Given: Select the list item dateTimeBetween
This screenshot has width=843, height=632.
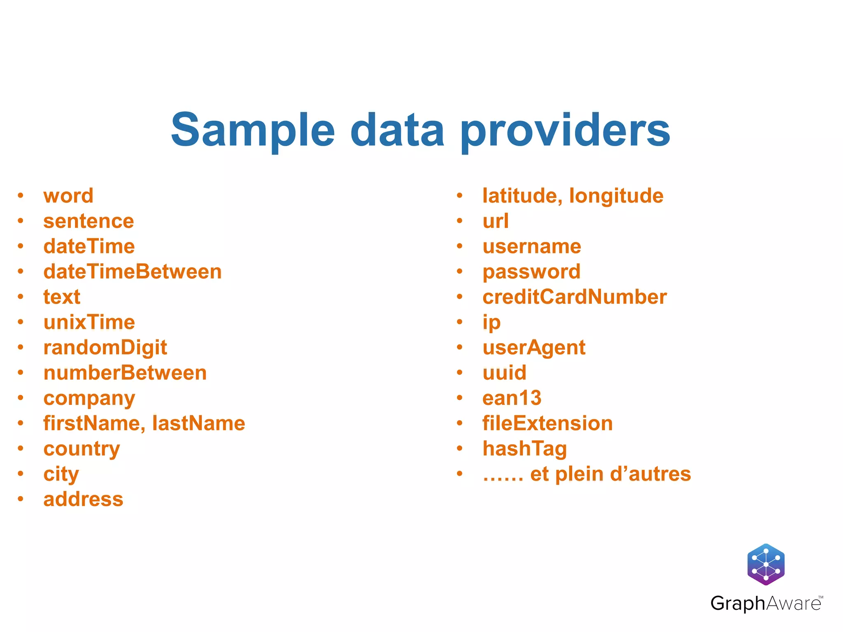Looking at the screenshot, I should coord(133,272).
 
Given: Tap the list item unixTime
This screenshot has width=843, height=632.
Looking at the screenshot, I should coord(89,322).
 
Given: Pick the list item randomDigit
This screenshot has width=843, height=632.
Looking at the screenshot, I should coord(105,348).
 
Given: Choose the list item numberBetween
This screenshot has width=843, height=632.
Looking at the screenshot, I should coord(125,373).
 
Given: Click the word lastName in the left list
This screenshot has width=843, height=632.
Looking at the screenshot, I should coord(199,423).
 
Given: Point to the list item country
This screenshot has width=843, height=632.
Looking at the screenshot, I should coord(82,449).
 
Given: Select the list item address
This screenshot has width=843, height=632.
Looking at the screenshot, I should coord(84,500).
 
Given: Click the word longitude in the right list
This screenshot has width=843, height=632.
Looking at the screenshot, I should coord(616,196).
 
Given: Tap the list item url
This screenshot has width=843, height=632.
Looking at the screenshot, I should coord(496,221).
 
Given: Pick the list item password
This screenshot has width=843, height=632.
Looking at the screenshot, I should coord(531,272).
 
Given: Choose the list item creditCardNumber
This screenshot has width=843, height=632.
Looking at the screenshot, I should coord(575,297).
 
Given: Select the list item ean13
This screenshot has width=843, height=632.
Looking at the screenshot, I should coord(512,398).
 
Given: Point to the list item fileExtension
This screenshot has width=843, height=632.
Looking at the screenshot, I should coord(547,423).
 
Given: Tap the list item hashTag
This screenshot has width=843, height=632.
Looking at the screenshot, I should coord(525,449).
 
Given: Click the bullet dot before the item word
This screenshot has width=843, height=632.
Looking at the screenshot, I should coord(21,196).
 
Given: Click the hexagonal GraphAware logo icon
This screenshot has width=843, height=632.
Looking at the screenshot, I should coord(766,564).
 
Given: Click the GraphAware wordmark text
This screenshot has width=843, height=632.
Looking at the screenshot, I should coord(766,604).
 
